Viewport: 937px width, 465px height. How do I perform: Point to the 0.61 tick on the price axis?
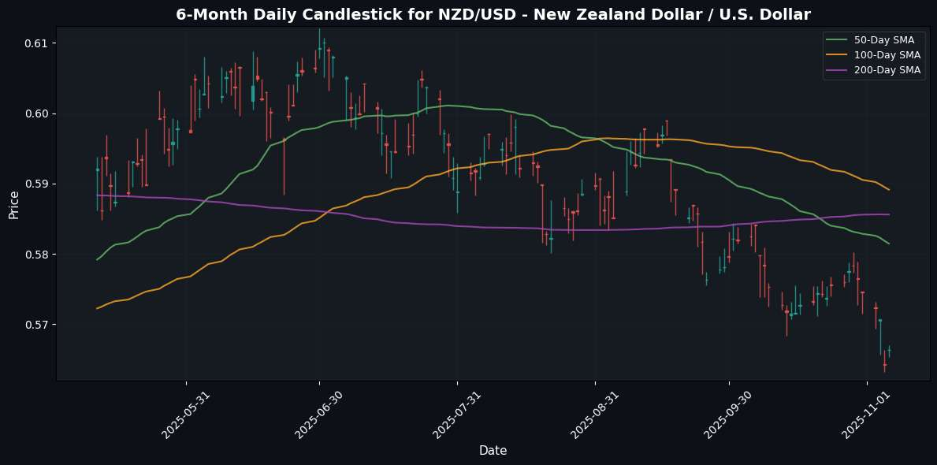click(38, 43)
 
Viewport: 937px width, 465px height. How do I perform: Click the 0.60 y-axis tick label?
click(38, 113)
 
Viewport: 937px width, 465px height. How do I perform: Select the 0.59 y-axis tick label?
click(38, 184)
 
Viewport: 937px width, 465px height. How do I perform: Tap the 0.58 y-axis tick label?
click(38, 255)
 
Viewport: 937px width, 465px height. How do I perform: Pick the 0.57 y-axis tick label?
click(38, 325)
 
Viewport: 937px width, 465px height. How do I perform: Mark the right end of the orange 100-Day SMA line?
click(890, 189)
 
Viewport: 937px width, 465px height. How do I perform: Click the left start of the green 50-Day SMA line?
click(97, 259)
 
